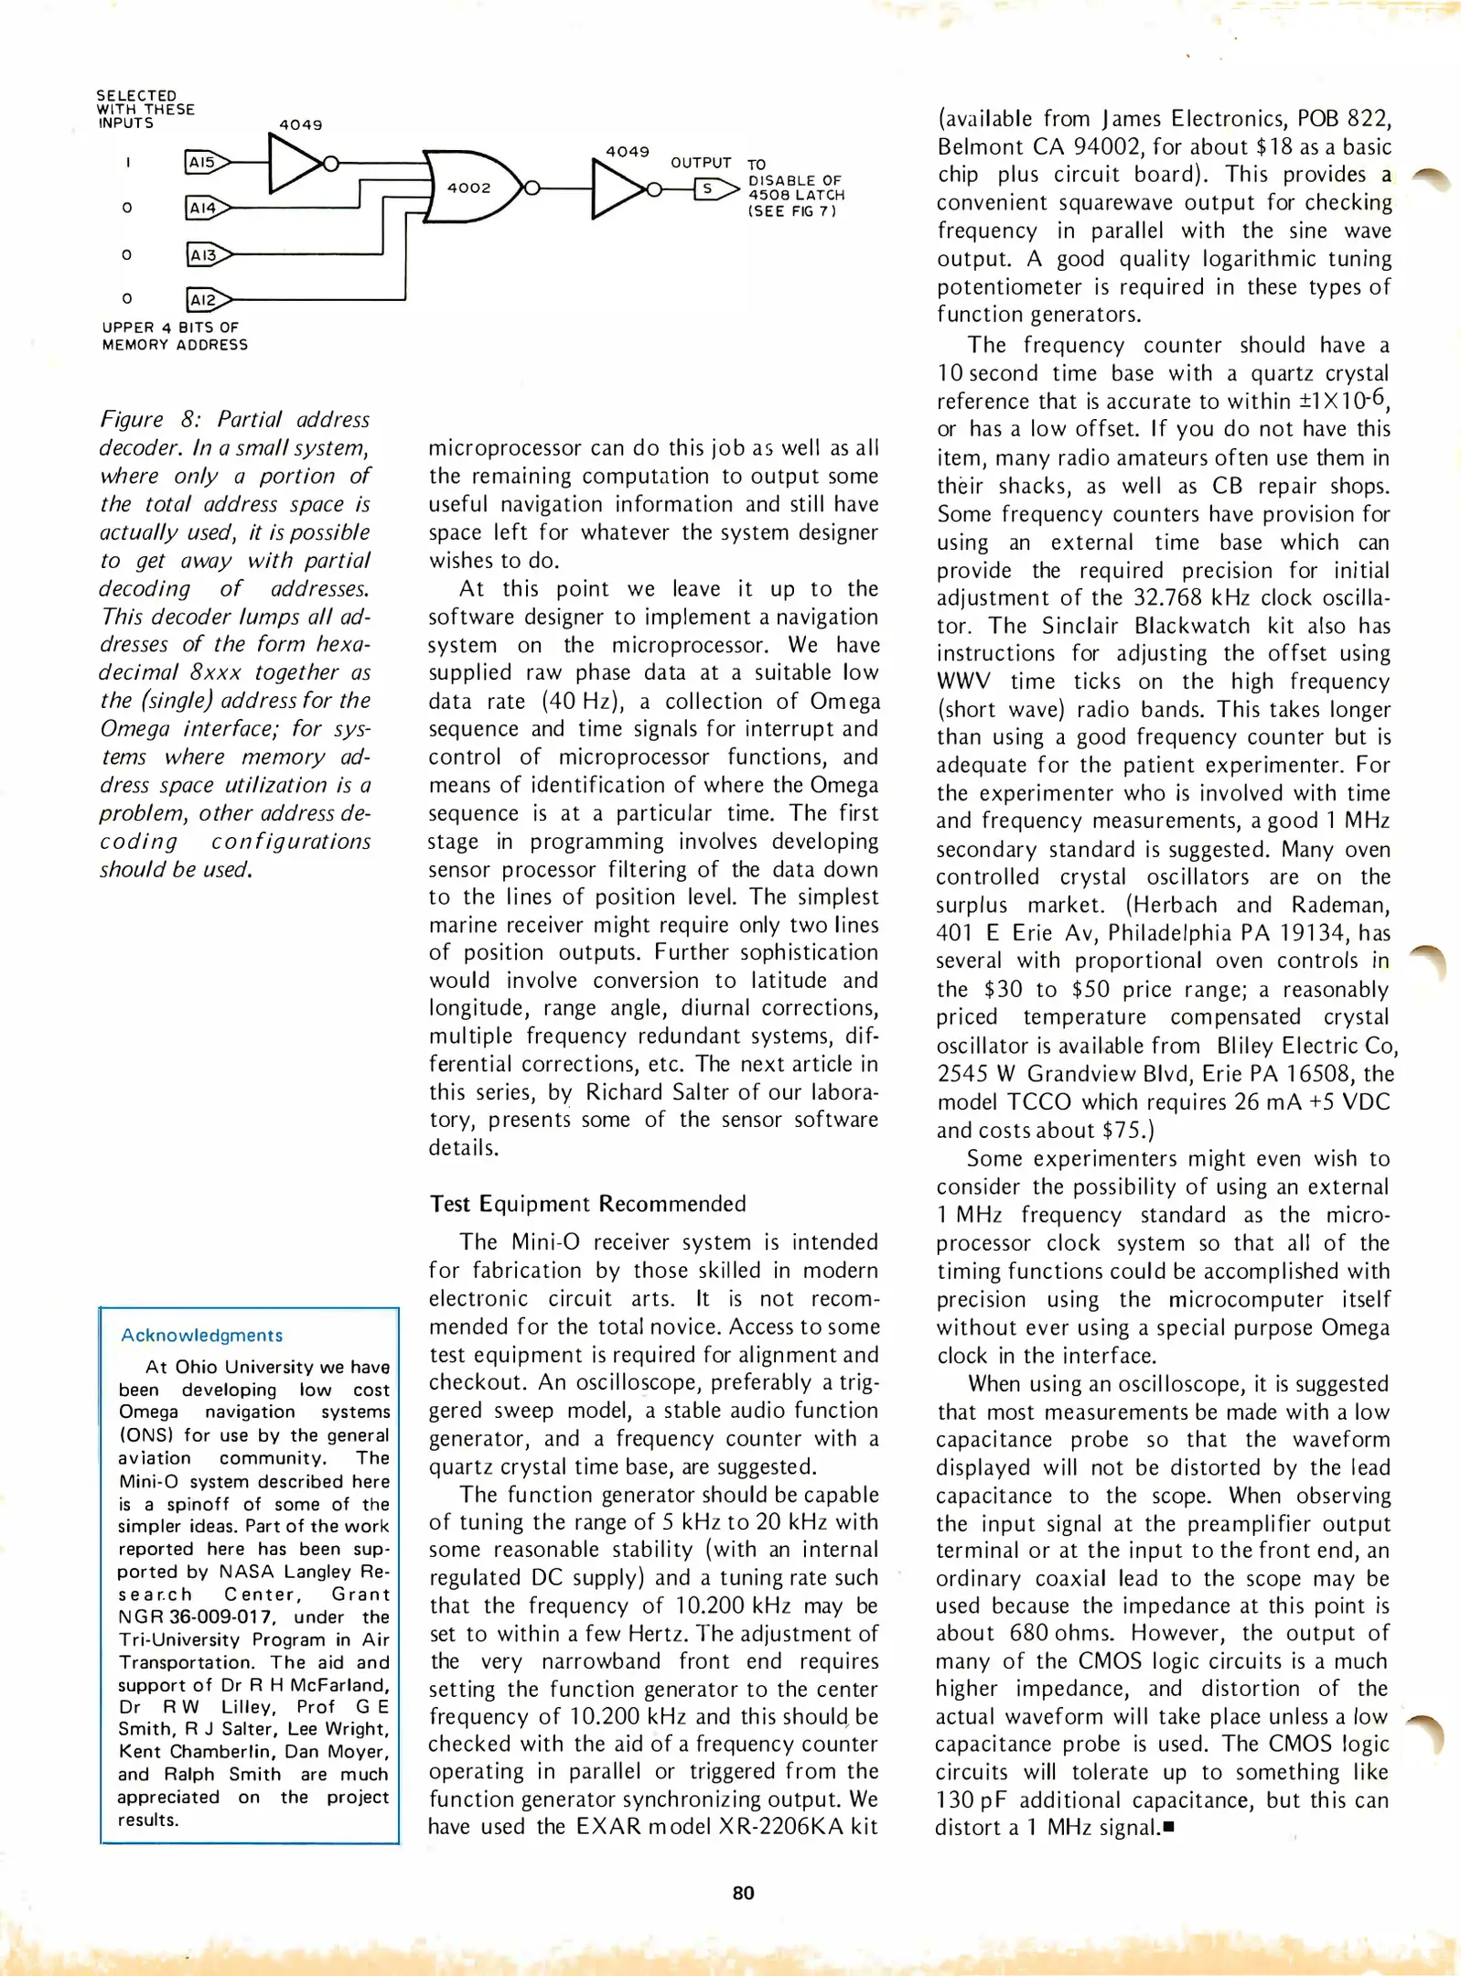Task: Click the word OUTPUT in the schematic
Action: click(x=701, y=163)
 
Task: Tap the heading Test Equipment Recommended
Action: click(x=588, y=1204)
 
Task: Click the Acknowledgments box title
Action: click(x=202, y=1336)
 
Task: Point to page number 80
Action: click(x=743, y=1893)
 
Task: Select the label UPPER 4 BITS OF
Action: click(x=170, y=328)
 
